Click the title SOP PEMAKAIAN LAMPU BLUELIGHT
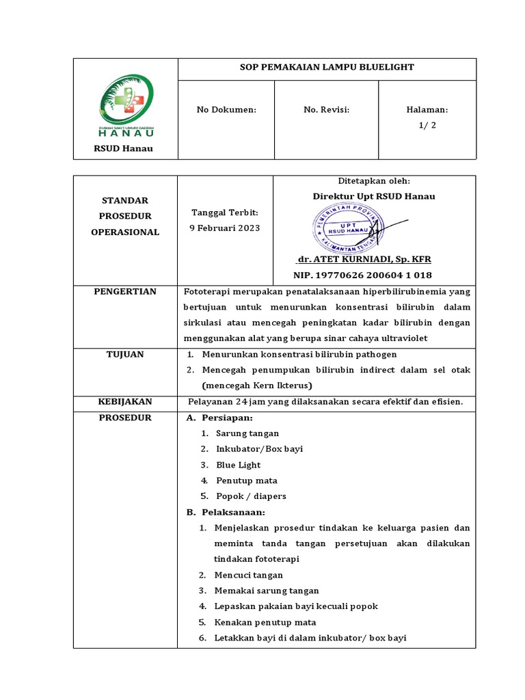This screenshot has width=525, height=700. click(327, 68)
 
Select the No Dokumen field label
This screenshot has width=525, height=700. click(226, 109)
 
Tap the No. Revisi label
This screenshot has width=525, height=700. click(327, 109)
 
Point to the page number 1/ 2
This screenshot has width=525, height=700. click(427, 125)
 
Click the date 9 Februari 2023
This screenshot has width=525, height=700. click(224, 228)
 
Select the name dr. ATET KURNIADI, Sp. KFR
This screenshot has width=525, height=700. click(364, 260)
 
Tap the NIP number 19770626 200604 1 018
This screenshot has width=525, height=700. click(362, 275)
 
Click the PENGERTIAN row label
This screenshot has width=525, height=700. click(125, 292)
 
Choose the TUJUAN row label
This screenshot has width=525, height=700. click(125, 354)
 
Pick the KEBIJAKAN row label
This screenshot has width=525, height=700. click(125, 401)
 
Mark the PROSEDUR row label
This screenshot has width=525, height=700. click(125, 417)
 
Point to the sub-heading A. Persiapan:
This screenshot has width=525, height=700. click(219, 418)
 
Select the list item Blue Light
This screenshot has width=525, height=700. click(239, 465)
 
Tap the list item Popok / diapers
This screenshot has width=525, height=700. click(251, 496)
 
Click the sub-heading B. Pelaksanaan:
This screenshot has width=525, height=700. click(226, 513)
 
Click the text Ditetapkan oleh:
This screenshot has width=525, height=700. click(374, 181)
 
